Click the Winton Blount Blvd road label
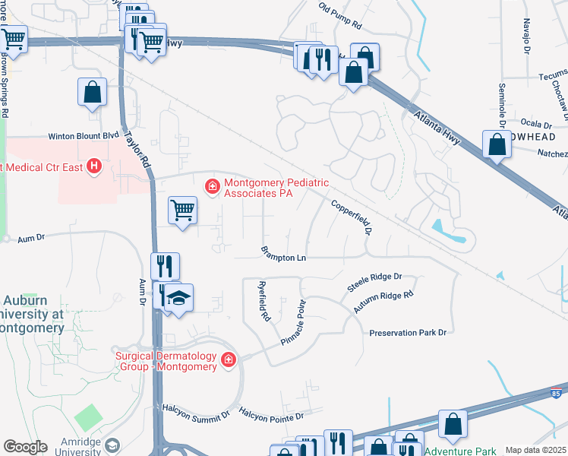[84, 137]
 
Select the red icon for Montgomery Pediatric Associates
[213, 185]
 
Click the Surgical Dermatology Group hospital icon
[229, 359]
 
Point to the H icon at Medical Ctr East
[94, 166]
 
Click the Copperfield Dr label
[352, 216]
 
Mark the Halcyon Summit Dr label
[195, 411]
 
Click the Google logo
[26, 446]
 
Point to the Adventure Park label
[460, 451]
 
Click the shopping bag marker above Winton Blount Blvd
[92, 93]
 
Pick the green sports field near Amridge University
[90, 417]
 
